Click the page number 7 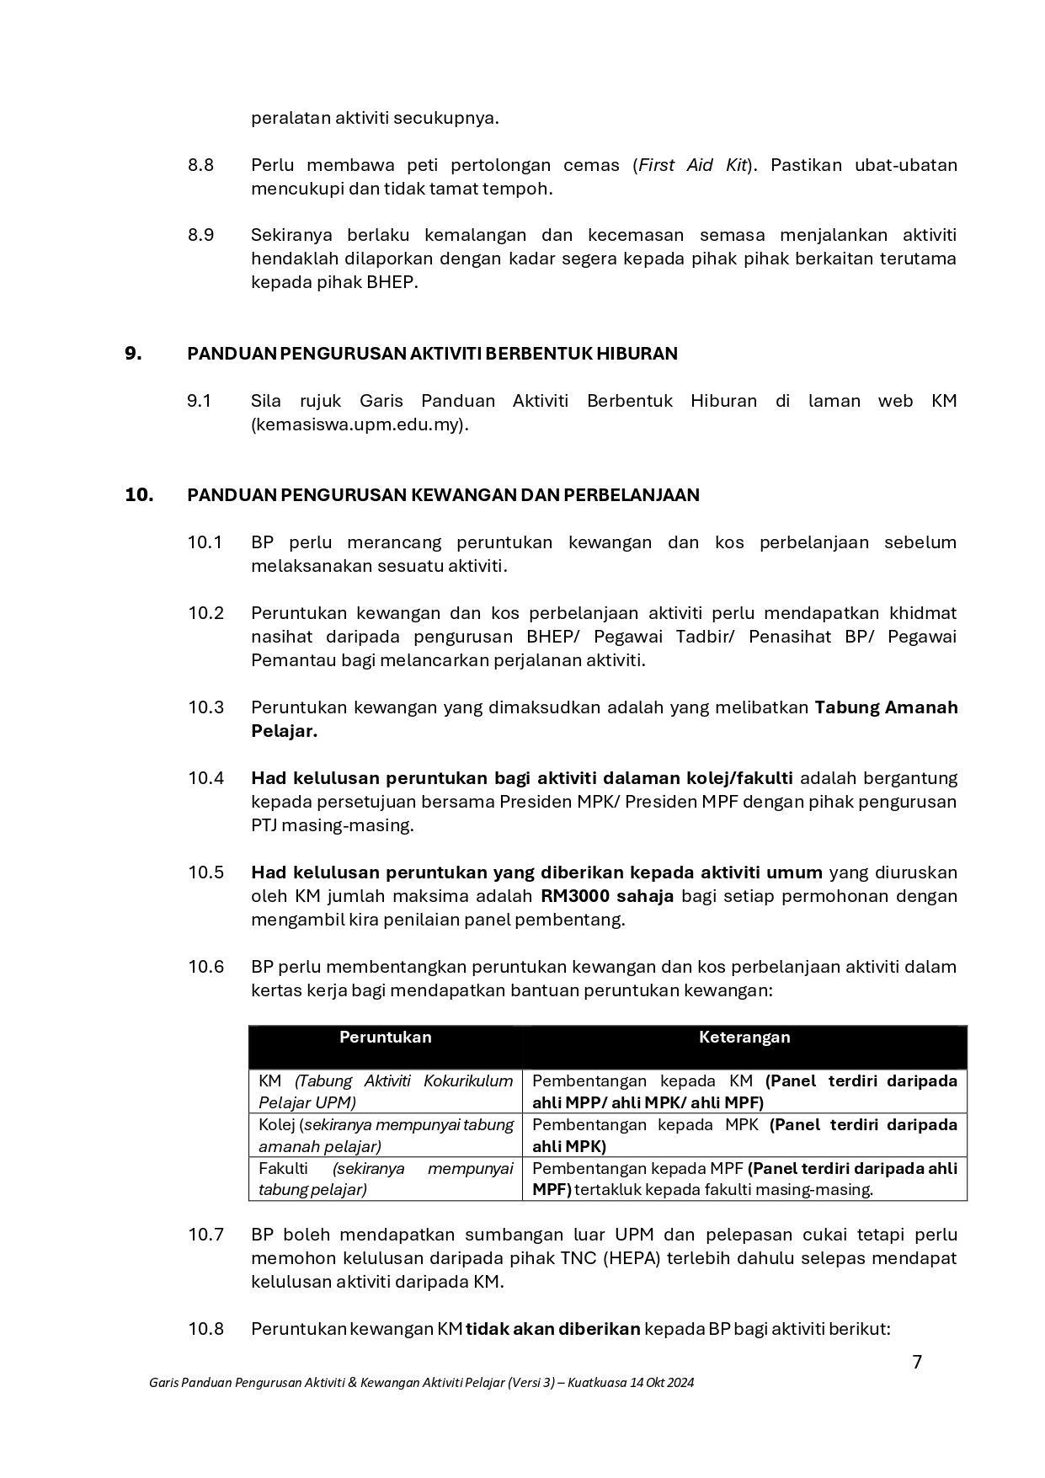[917, 1362]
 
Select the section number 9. [133, 354]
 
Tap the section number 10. [139, 495]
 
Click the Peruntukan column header [385, 1038]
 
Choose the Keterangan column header [744, 1038]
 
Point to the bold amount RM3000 [575, 896]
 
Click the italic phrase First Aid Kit [692, 165]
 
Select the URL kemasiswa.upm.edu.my [357, 424]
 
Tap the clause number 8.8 [200, 165]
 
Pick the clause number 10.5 [205, 872]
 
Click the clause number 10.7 [205, 1235]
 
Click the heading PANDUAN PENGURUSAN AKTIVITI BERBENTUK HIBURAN [432, 354]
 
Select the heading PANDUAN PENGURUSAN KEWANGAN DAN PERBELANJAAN [443, 495]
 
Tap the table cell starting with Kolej [385, 1135]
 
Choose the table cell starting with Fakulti [385, 1179]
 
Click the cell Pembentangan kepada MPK [744, 1135]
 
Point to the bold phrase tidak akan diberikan [553, 1329]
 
